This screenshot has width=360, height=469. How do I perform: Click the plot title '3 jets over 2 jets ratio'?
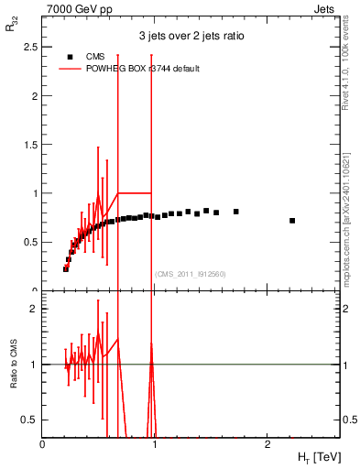[x=191, y=37]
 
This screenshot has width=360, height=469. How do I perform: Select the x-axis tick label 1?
[x=155, y=443]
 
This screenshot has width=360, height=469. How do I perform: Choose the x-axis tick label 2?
[x=267, y=443]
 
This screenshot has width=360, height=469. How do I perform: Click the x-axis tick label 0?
[x=43, y=443]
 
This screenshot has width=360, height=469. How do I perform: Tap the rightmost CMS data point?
[x=292, y=221]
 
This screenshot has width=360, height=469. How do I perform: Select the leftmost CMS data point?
[x=66, y=269]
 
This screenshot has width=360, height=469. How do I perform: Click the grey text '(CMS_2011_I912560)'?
[x=191, y=274]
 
